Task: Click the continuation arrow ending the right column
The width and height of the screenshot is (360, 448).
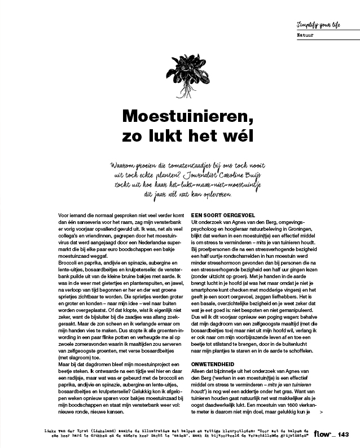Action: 321,412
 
